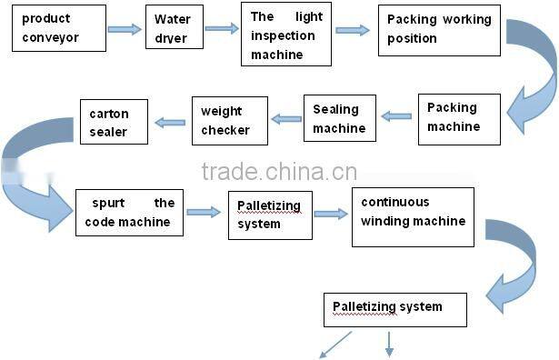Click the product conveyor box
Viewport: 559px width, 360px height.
(58, 27)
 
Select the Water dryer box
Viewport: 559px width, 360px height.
(174, 29)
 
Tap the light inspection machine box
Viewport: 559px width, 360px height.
(284, 34)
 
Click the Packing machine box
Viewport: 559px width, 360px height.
(459, 118)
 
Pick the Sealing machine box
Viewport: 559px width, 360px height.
(339, 118)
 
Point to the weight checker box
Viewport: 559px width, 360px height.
(229, 120)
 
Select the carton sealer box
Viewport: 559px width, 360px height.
(114, 122)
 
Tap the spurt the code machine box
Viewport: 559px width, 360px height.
(130, 212)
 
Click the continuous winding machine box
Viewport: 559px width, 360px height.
(413, 216)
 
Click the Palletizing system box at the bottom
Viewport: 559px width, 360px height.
(394, 309)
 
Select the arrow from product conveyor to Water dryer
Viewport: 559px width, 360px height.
(125, 29)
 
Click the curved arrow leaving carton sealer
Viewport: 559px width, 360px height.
(36, 173)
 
